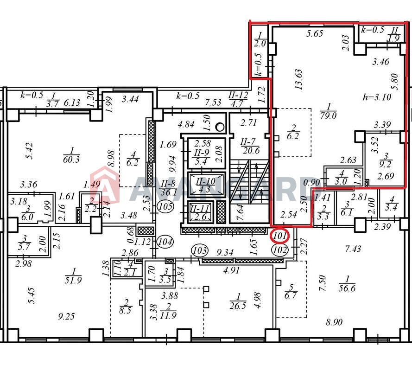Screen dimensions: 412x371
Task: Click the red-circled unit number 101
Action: click(x=279, y=236)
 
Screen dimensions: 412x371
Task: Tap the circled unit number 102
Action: click(x=279, y=249)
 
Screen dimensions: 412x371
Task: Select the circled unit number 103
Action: click(x=200, y=250)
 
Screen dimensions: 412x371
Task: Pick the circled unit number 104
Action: click(x=165, y=241)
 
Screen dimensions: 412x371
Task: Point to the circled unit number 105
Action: click(x=165, y=206)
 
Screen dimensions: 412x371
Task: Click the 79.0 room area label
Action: click(x=328, y=111)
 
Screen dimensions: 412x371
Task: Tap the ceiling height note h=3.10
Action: click(x=377, y=97)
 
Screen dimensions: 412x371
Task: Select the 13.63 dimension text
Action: click(x=299, y=79)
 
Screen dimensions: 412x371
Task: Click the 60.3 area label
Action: click(x=71, y=155)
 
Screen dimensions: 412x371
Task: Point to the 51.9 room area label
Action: click(x=73, y=276)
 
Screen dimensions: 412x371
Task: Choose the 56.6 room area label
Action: click(x=347, y=284)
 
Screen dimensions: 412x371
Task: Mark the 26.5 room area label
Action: click(x=238, y=301)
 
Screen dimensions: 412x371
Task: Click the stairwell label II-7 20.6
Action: click(x=250, y=146)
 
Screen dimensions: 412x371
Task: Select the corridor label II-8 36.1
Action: click(x=169, y=188)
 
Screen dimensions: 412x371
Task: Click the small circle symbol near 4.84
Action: click(x=220, y=127)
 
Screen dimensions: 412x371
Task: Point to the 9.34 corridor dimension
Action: click(x=225, y=252)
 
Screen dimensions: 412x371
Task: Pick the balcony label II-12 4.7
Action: click(x=238, y=99)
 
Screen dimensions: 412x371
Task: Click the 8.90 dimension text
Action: click(x=334, y=322)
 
